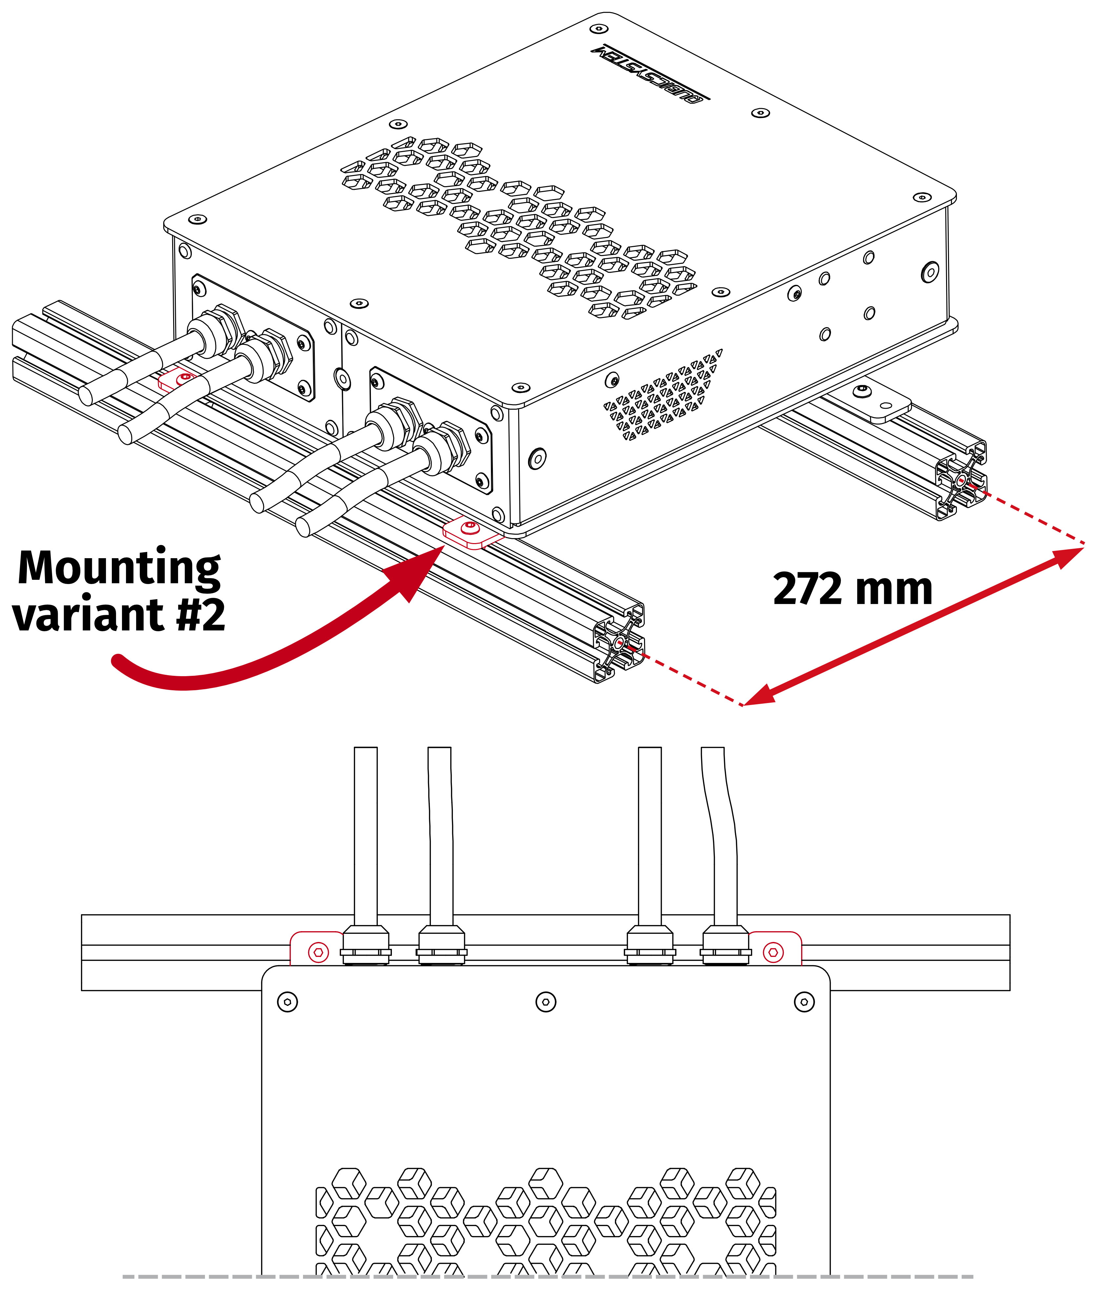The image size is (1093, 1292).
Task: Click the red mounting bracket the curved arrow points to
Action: pyautogui.click(x=472, y=533)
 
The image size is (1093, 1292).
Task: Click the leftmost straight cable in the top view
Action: pyautogui.click(x=366, y=836)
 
